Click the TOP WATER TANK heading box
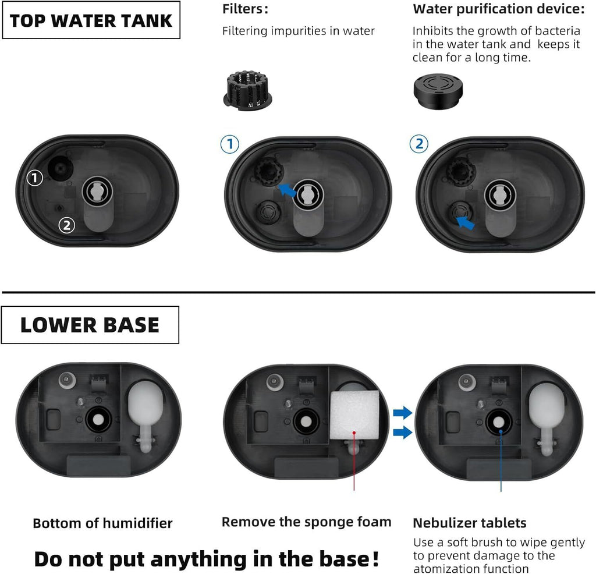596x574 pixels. [91, 20]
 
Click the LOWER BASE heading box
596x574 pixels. [90, 325]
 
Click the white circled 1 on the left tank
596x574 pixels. [36, 178]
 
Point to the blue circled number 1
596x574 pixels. [230, 144]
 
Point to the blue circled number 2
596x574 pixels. [419, 144]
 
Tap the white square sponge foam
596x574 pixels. [354, 416]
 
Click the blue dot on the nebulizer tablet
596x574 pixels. [501, 431]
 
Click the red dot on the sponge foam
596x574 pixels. [354, 433]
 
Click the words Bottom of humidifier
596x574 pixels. [102, 523]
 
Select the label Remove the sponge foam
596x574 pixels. [306, 522]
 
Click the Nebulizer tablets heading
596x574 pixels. [469, 522]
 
